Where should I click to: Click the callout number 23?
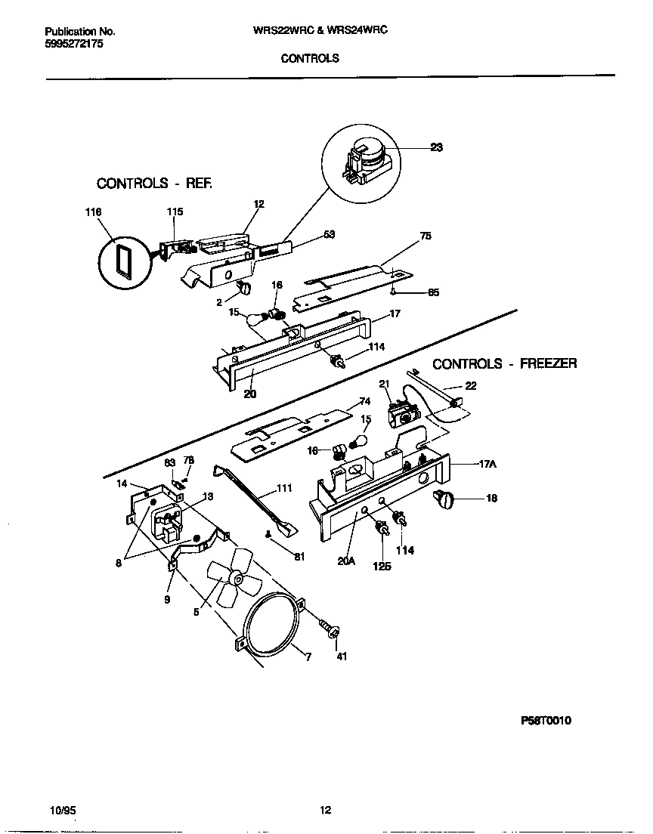point(436,148)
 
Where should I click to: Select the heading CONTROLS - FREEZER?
point(504,363)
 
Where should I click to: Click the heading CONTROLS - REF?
point(154,184)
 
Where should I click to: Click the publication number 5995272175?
point(74,45)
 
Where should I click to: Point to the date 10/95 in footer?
point(61,811)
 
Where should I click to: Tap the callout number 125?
point(382,566)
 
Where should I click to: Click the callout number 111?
point(283,489)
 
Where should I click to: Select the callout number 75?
point(426,236)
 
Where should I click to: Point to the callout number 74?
point(364,401)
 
